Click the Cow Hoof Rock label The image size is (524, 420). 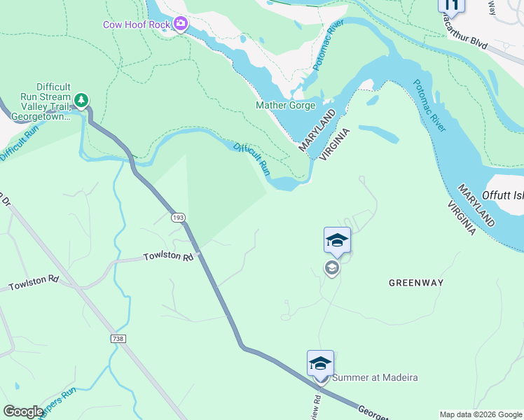point(137,24)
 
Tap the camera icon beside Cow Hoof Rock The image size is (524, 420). point(181,24)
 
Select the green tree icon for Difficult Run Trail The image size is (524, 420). point(82,101)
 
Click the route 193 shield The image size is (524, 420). point(179,218)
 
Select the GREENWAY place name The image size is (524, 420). point(416,283)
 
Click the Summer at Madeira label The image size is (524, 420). point(375,378)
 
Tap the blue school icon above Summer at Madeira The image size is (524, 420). point(320,363)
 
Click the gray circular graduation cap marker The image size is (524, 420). point(332,267)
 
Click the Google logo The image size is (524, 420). point(23,412)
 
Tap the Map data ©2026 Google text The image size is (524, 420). point(480,414)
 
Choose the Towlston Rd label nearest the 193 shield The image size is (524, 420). point(168,257)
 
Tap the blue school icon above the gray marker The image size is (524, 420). point(337,240)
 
